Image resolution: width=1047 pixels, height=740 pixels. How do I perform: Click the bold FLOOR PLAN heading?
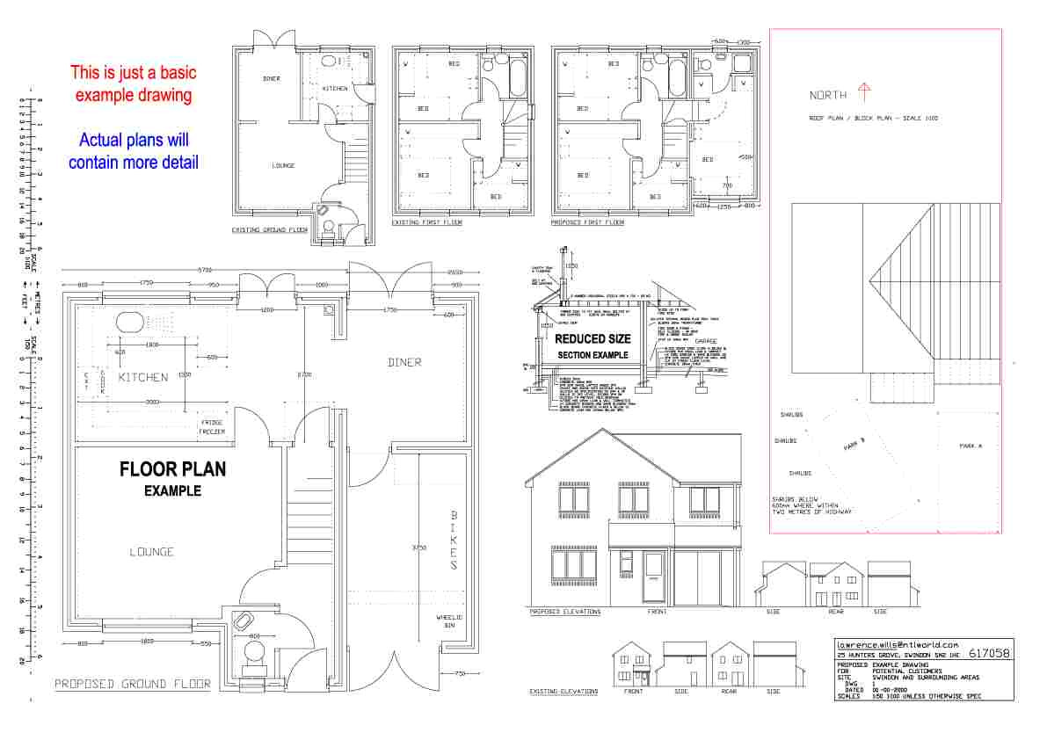pyautogui.click(x=172, y=469)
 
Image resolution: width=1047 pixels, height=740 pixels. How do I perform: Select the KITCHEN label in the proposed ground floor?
pyautogui.click(x=143, y=377)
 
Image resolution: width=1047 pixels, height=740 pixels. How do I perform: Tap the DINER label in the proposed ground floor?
pyautogui.click(x=404, y=362)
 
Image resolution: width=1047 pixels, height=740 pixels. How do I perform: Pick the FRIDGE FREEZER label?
pyautogui.click(x=211, y=427)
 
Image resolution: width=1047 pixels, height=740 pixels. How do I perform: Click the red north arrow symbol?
pyautogui.click(x=863, y=91)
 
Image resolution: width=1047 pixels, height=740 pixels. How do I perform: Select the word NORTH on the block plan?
pyautogui.click(x=828, y=95)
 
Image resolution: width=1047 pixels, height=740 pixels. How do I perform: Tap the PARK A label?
pyautogui.click(x=971, y=446)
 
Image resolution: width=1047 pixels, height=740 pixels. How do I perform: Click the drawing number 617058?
pyautogui.click(x=988, y=654)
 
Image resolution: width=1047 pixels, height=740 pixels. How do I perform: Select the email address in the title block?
pyautogui.click(x=897, y=644)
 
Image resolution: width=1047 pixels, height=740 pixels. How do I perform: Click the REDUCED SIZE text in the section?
pyautogui.click(x=592, y=338)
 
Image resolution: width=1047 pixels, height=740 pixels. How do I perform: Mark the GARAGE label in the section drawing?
pyautogui.click(x=706, y=341)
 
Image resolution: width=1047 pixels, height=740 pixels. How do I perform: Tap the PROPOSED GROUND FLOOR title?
pyautogui.click(x=133, y=684)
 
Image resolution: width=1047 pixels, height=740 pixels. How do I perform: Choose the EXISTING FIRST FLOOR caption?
pyautogui.click(x=426, y=222)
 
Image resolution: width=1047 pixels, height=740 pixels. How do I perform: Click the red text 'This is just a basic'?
pyautogui.click(x=134, y=73)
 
